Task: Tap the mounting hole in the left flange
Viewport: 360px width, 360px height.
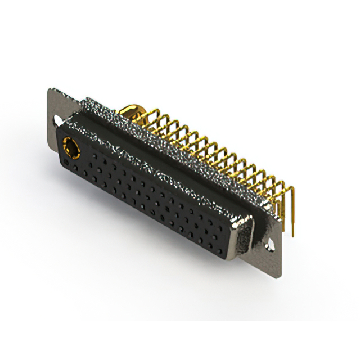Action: [58, 120]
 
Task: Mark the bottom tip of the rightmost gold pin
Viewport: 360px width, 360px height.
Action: [294, 236]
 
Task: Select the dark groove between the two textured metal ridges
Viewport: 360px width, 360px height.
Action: [169, 152]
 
